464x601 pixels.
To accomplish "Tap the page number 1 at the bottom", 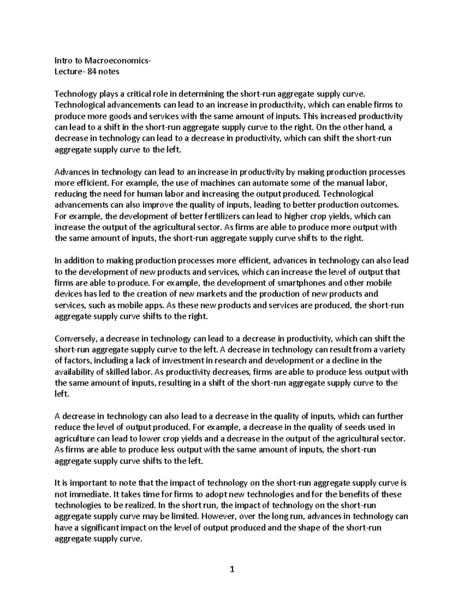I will coord(232,569).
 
